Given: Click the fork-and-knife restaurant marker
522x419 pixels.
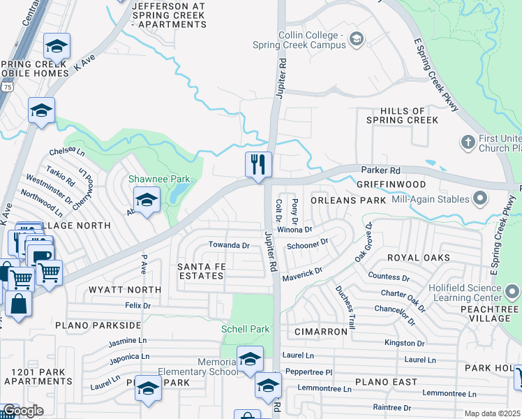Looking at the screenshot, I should click(258, 166).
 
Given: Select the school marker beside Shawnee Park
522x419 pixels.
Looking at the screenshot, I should click(147, 201).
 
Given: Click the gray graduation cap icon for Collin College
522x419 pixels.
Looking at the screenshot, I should click(357, 38).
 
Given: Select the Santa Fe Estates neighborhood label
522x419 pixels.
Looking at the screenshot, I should click(200, 271).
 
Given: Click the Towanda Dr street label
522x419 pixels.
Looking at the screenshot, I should click(229, 245).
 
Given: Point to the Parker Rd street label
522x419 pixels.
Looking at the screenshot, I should click(380, 170).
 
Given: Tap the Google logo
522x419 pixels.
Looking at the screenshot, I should click(22, 411).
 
